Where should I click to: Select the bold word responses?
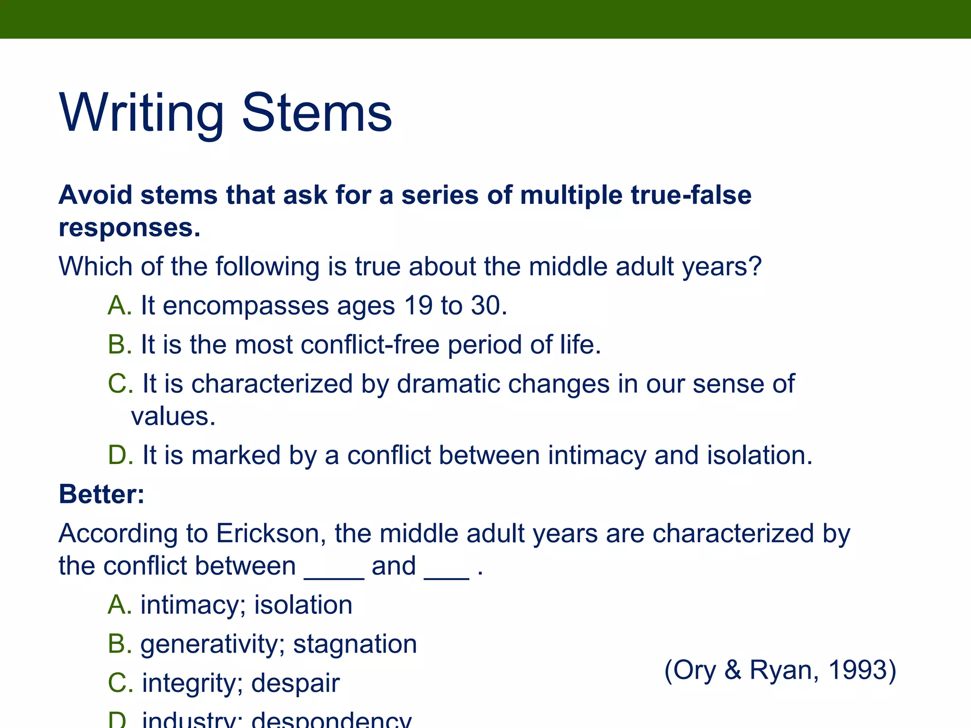(x=129, y=228)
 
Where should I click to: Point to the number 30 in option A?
(x=488, y=305)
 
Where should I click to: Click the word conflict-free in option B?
(x=370, y=345)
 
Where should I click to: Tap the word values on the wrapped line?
(x=173, y=417)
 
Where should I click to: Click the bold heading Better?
(x=101, y=494)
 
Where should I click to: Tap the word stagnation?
(x=355, y=645)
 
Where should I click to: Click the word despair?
(x=295, y=683)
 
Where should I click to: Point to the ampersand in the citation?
(x=733, y=670)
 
